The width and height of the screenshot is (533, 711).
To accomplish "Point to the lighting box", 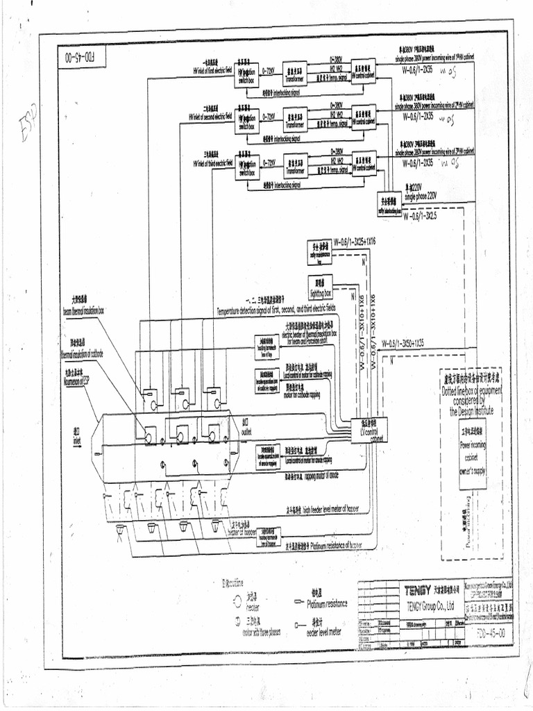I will tap(321, 287).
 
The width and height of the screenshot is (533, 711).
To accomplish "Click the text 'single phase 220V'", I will tap(422, 194).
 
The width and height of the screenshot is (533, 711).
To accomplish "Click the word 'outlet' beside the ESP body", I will tap(246, 431).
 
